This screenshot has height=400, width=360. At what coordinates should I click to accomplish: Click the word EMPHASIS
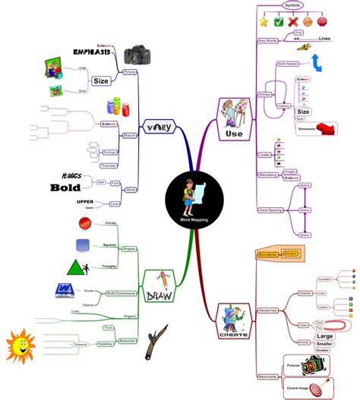(95, 52)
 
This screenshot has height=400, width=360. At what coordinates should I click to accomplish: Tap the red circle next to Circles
(86, 223)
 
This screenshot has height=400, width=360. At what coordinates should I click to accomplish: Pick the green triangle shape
(74, 267)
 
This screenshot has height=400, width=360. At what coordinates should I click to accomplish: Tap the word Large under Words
(324, 336)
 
